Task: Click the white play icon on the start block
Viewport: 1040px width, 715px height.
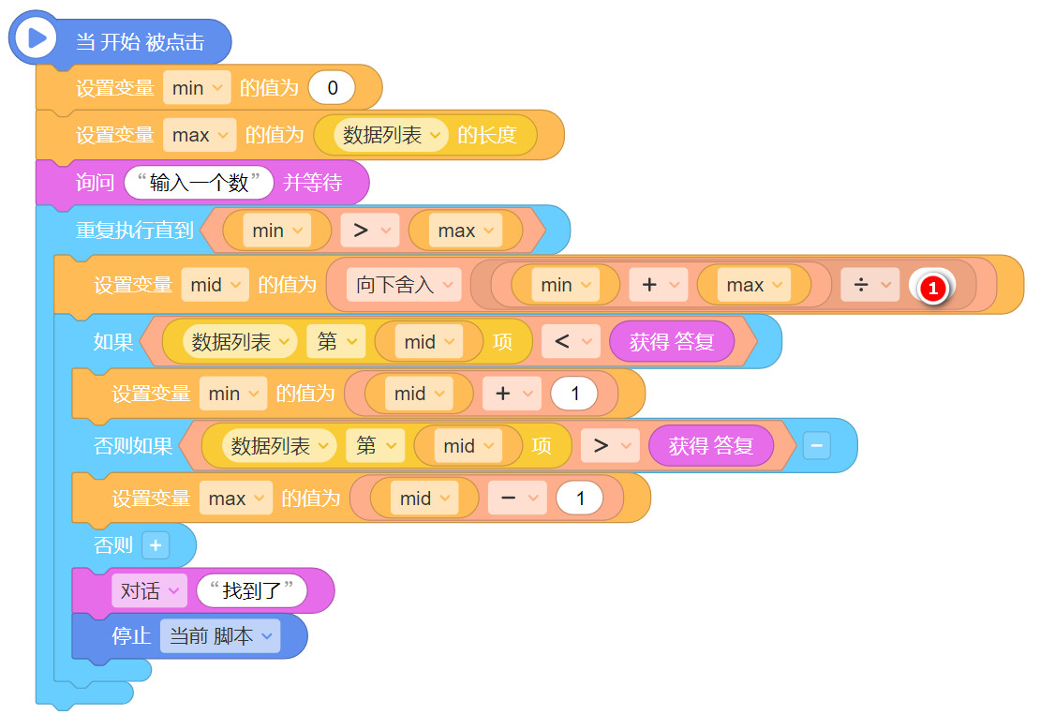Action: (x=37, y=38)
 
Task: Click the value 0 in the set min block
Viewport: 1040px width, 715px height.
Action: (x=332, y=88)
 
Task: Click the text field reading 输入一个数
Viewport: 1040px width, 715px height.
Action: (x=199, y=183)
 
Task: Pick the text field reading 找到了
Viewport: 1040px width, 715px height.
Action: (x=252, y=591)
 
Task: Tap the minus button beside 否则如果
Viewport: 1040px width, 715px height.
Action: (x=815, y=447)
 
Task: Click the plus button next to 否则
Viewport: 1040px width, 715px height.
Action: (x=155, y=545)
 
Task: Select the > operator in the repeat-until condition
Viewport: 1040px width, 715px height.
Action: (x=369, y=231)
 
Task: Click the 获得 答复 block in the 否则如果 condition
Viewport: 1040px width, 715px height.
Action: (x=710, y=446)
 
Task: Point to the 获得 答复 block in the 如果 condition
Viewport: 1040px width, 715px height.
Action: (x=671, y=342)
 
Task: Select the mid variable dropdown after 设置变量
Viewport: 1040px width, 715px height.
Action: (x=215, y=285)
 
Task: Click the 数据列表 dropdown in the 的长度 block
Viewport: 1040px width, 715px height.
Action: (x=392, y=135)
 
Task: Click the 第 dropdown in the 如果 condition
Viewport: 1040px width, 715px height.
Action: (x=335, y=342)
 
